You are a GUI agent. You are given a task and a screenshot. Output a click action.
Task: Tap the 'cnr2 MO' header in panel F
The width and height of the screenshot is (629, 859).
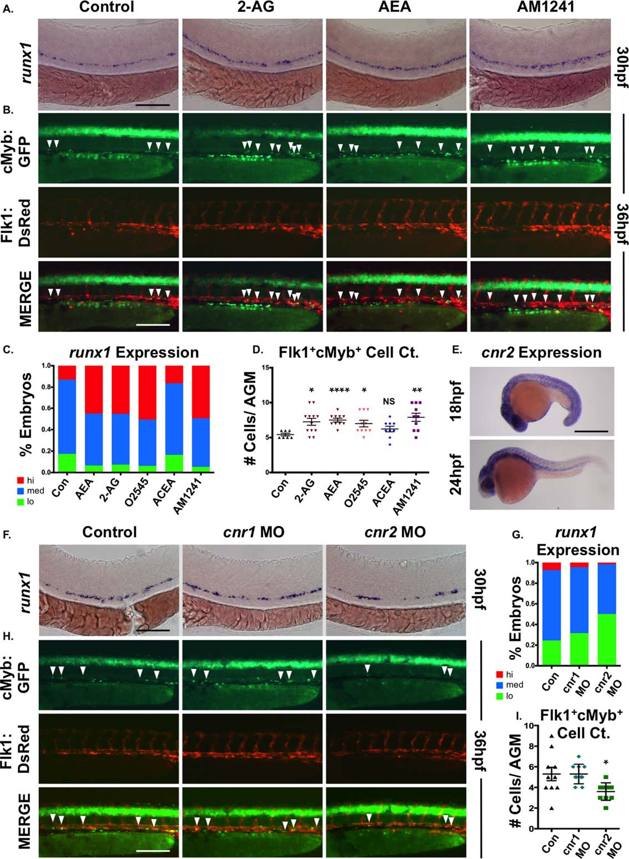tap(395, 532)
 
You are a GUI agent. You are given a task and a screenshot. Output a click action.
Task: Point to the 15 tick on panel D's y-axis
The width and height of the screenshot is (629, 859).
tap(268, 367)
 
